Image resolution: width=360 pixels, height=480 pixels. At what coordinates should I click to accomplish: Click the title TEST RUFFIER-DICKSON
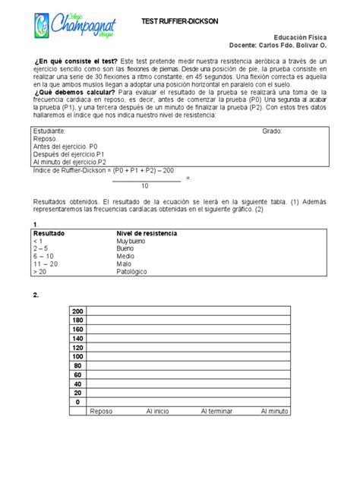(x=180, y=24)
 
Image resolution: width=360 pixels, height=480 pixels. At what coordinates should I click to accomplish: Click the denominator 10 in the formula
(x=145, y=185)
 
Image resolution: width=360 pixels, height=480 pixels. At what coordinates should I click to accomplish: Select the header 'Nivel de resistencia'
(x=146, y=232)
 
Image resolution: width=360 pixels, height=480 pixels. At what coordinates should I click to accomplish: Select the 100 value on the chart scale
(x=78, y=355)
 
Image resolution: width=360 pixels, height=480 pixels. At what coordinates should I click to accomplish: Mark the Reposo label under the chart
(x=101, y=411)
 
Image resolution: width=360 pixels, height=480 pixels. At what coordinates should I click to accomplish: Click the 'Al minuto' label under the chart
(x=274, y=411)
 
